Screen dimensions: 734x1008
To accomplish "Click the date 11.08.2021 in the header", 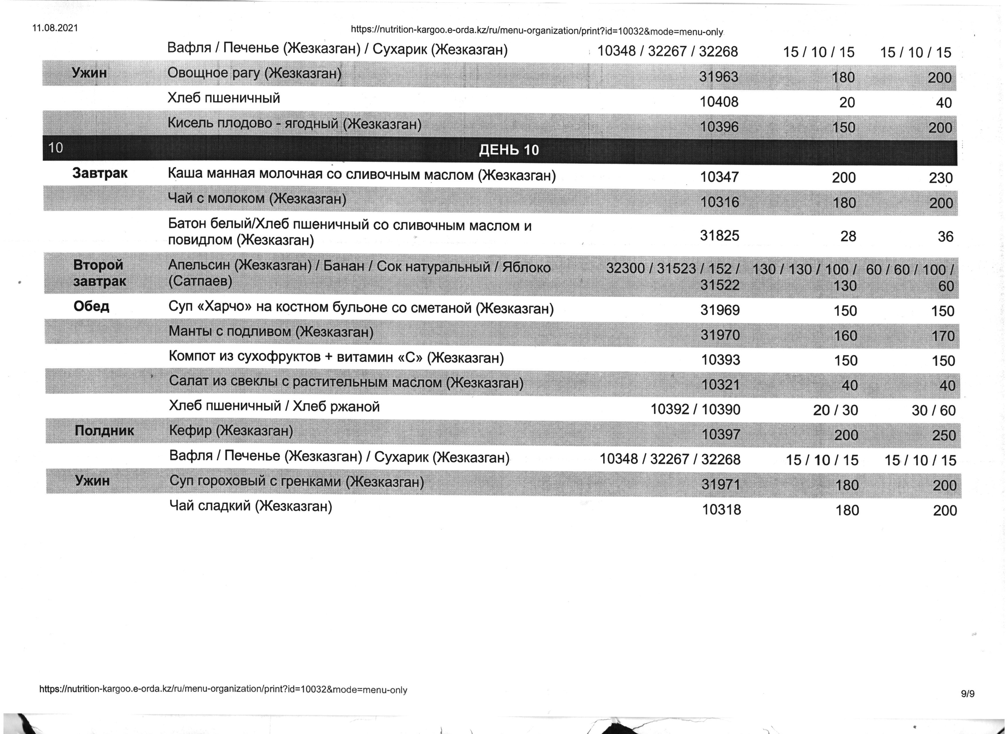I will click(x=55, y=28).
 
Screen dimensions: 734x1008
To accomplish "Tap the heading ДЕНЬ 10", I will click(x=508, y=150).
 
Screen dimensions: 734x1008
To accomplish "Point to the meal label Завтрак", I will click(x=100, y=173).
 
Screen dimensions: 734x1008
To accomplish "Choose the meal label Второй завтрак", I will click(x=100, y=273).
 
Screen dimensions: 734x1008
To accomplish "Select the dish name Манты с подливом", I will click(x=271, y=332).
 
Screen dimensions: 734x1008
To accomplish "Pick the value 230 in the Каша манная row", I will click(x=940, y=178).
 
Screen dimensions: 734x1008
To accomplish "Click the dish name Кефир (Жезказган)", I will click(x=231, y=431).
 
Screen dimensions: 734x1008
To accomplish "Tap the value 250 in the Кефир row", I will click(x=944, y=435).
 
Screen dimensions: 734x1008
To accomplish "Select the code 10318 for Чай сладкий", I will click(x=721, y=509).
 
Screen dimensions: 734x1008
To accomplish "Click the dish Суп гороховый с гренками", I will click(x=297, y=481).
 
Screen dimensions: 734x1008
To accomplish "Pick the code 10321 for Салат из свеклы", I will click(x=720, y=384).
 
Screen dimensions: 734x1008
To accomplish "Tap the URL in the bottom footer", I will click(x=223, y=690).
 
